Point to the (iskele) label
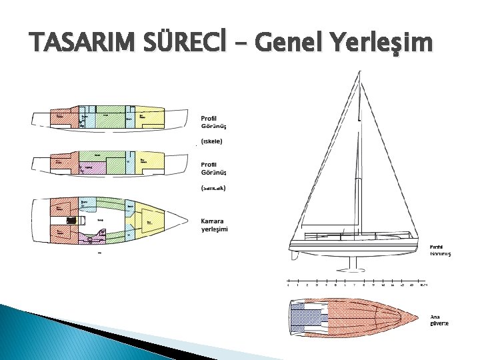212,141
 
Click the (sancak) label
213,188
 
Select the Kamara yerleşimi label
214,225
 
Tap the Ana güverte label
439,320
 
